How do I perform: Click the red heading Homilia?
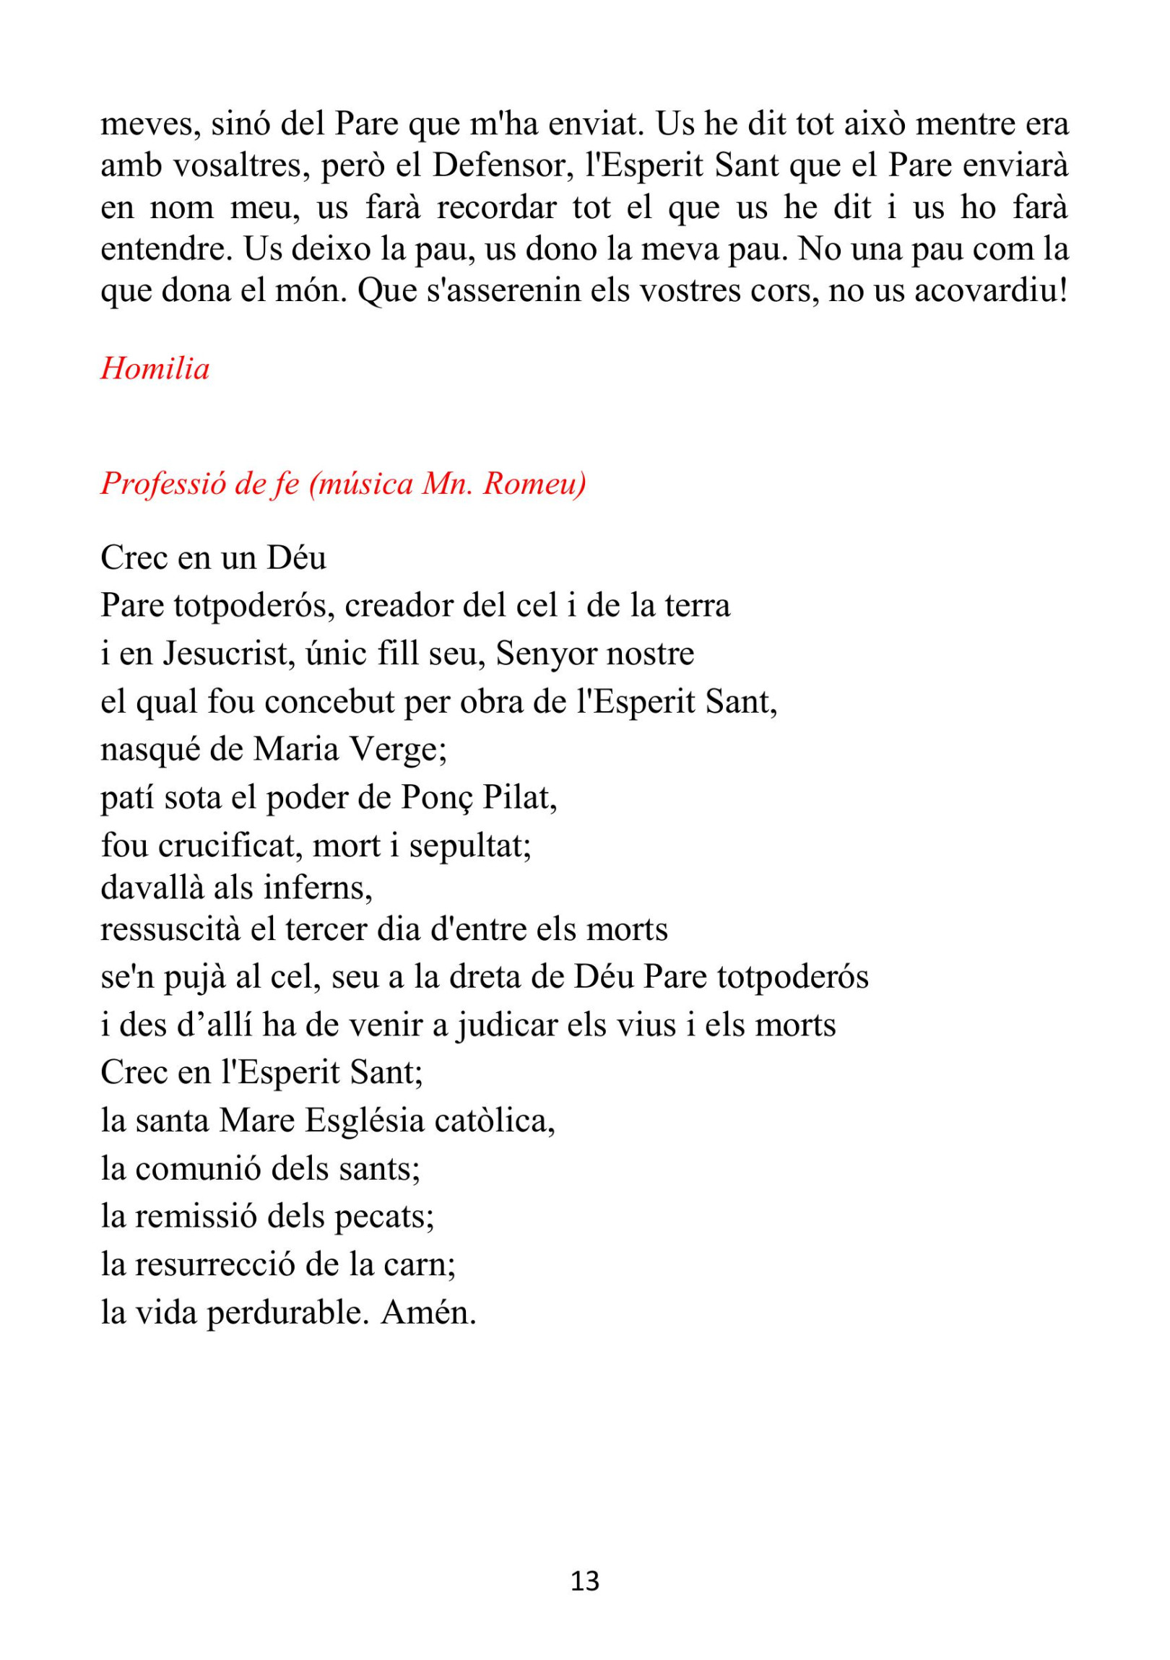click(x=155, y=369)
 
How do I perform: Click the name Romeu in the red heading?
click(x=534, y=484)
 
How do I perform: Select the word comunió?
click(x=194, y=1168)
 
